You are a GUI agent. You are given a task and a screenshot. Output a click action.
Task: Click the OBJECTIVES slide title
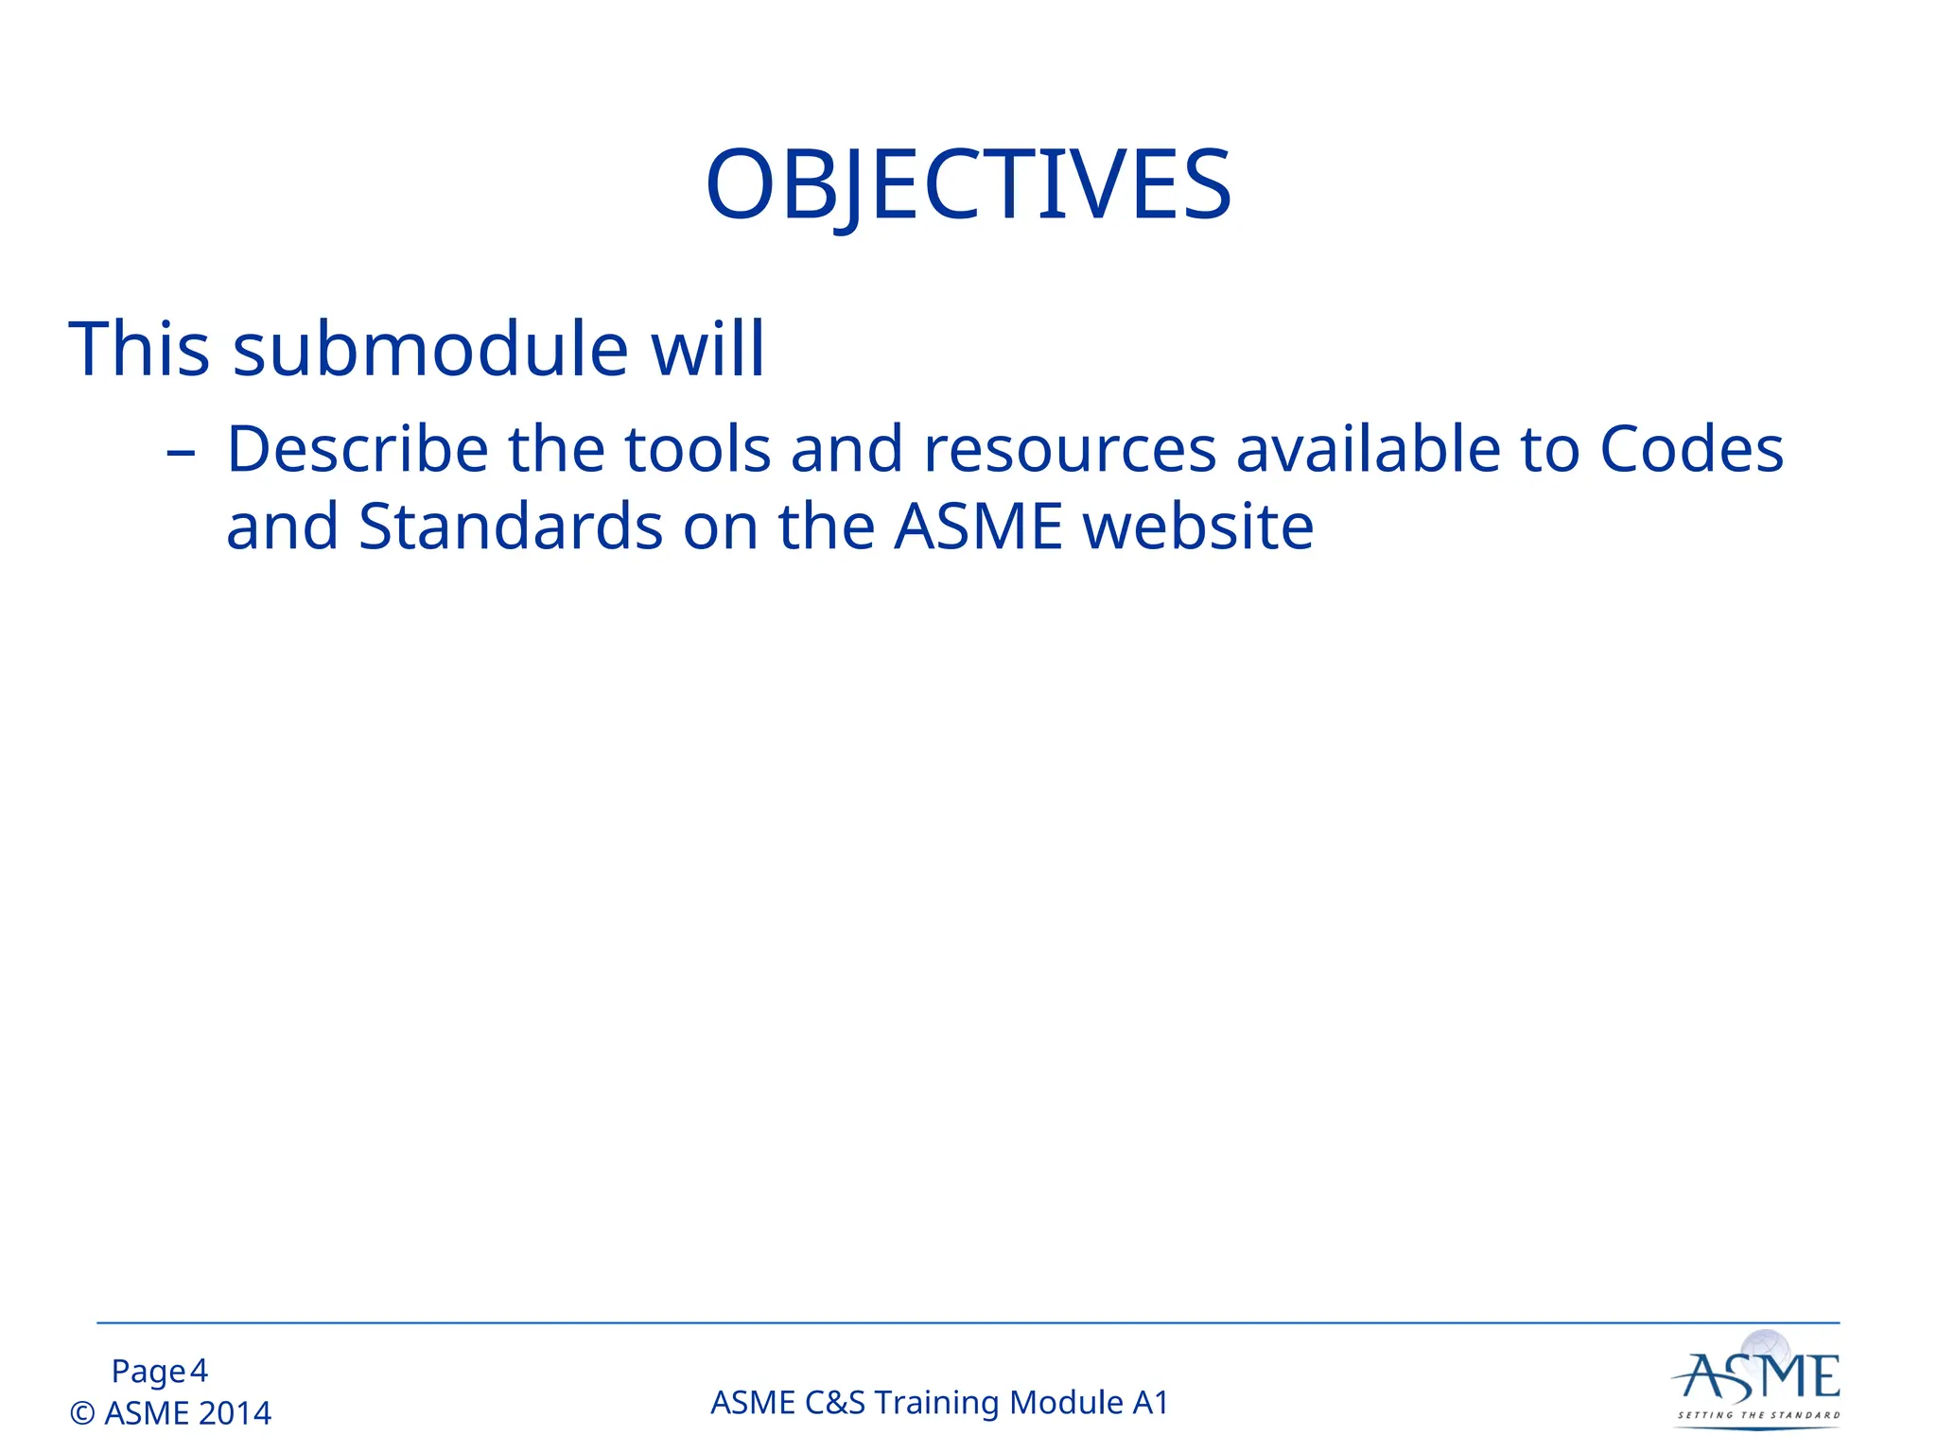pos(968,185)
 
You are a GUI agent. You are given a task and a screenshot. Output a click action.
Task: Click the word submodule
pos(430,349)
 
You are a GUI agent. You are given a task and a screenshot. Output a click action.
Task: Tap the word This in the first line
pos(139,349)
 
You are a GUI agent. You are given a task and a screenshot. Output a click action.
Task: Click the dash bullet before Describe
pos(180,453)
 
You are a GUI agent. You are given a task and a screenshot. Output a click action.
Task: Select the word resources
pos(1070,451)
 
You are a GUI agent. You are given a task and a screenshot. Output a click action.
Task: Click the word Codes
pos(1691,449)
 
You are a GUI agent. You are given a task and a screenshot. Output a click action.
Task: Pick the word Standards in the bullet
pos(511,527)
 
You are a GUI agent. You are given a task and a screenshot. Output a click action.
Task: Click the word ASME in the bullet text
pos(978,527)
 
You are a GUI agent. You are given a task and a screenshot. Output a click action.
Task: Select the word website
pos(1198,527)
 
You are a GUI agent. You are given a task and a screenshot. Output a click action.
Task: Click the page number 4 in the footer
pos(199,1371)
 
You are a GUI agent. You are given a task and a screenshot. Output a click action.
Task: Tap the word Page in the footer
pos(148,1372)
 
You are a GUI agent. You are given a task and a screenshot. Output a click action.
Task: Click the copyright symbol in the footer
pos(83,1413)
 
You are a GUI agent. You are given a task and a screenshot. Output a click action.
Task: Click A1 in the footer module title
pos(1150,1403)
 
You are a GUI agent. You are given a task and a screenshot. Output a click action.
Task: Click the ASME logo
pos(1758,1380)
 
